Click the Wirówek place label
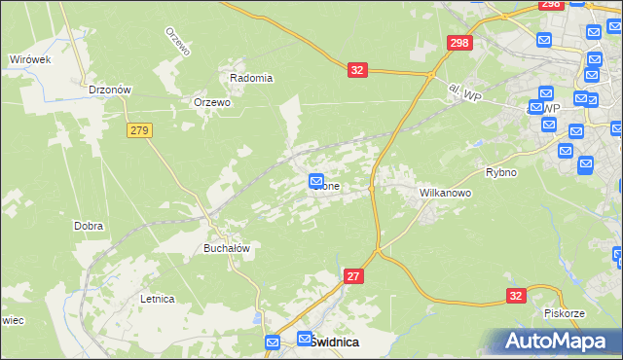point(29,59)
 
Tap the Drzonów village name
point(109,89)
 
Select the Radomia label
point(251,78)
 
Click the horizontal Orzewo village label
point(211,102)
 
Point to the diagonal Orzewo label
point(175,43)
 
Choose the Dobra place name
point(89,226)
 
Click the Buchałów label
point(227,248)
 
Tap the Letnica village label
point(156,299)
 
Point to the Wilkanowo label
point(445,193)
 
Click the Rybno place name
point(500,172)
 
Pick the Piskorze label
point(564,313)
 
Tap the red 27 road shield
point(354,277)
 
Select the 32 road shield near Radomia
point(357,70)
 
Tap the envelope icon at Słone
point(316,180)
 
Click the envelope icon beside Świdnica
point(274,342)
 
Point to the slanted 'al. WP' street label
point(466,92)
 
